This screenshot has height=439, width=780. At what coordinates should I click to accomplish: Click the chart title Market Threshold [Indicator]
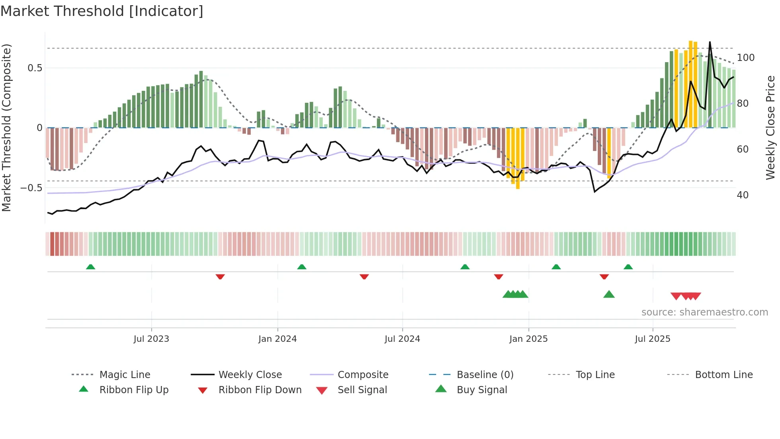102,11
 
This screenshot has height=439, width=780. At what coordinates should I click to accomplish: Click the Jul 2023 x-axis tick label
151,339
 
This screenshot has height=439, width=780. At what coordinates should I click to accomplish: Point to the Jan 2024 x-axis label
277,339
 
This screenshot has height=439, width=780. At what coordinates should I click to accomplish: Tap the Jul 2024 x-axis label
402,339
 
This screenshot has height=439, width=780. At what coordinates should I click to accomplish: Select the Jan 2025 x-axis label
528,339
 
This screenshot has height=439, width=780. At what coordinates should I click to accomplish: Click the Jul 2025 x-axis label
653,339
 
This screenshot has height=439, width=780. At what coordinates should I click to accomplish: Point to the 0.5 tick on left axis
35,68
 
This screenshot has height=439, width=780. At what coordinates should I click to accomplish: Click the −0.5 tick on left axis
31,188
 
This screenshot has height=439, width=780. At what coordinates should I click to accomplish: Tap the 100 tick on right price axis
746,58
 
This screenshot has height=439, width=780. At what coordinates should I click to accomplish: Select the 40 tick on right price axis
743,195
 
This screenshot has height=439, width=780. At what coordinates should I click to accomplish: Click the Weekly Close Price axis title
771,127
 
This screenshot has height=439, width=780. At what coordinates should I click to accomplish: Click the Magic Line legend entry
125,375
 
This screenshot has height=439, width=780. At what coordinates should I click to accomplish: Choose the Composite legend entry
363,375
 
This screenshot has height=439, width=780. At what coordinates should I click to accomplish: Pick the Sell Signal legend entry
362,390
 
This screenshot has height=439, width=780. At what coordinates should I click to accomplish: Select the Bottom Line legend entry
723,375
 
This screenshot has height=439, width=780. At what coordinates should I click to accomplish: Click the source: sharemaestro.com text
704,312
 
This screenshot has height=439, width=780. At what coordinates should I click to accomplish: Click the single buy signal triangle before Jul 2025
609,295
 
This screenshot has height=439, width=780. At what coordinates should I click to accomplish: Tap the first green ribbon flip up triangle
91,267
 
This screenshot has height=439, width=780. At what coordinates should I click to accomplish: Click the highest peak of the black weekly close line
710,42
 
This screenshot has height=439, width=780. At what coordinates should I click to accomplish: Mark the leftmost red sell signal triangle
676,296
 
